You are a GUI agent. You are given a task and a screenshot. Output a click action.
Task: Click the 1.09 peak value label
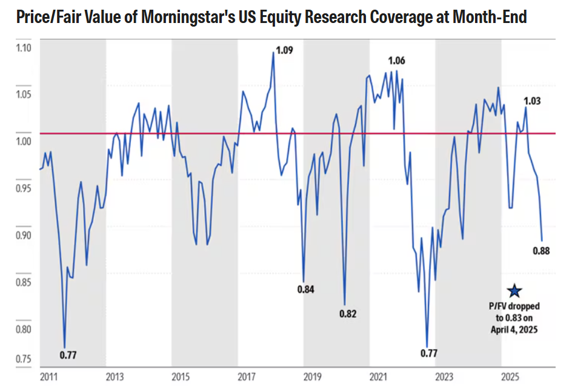tap(285, 50)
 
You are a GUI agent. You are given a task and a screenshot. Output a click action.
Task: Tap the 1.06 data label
tap(396, 61)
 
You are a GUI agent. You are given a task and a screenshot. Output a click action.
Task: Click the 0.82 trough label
tap(348, 314)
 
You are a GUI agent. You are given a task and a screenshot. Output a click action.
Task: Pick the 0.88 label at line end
tap(541, 251)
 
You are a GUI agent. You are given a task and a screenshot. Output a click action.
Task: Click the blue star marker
tap(514, 291)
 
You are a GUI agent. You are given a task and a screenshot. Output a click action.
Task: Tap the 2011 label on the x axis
tap(48, 377)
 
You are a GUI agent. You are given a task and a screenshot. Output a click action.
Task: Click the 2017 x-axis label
tap(246, 377)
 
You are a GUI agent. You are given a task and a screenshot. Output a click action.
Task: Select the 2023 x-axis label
tap(444, 377)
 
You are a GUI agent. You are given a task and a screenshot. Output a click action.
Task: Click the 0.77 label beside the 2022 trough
tap(429, 353)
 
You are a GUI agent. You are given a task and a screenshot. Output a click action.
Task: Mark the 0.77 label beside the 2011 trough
tap(68, 354)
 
